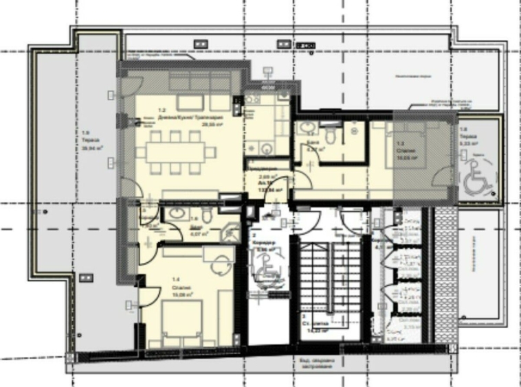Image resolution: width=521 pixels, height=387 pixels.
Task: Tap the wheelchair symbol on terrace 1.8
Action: pos(476,181)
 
